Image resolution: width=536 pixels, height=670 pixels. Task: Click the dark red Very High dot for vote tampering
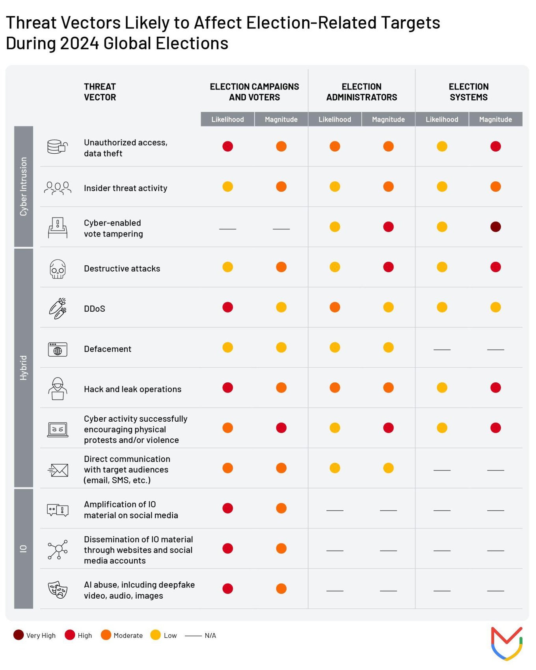[495, 227]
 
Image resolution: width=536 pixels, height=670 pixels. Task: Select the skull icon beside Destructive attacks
[58, 269]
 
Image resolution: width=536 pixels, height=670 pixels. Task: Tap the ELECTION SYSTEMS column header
[469, 92]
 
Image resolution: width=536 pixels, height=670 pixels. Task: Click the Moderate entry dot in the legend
[106, 635]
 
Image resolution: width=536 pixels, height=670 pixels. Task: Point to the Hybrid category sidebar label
[24, 368]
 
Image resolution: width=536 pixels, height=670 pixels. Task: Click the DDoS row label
[95, 309]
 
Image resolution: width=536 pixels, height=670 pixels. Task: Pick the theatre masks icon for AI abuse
[58, 590]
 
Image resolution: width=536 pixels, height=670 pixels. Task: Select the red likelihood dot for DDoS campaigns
[227, 307]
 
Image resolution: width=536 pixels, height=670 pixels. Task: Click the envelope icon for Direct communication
[58, 470]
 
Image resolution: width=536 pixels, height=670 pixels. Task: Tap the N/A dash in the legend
[193, 635]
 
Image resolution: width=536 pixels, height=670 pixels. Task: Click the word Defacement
[108, 349]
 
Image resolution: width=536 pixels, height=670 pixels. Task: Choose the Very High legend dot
[19, 635]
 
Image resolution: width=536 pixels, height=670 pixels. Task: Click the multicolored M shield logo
[506, 644]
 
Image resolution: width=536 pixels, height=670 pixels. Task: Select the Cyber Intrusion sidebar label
[24, 186]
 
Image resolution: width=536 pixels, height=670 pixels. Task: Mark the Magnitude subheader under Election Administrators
[388, 119]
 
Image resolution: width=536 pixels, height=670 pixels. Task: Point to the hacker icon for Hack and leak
[58, 389]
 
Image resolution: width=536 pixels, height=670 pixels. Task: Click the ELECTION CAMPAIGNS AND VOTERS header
[254, 92]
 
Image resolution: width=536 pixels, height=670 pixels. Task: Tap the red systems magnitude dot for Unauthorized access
[495, 146]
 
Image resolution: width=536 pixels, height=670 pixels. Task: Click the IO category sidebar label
[24, 548]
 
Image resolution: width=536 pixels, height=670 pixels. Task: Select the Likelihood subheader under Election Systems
[442, 119]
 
